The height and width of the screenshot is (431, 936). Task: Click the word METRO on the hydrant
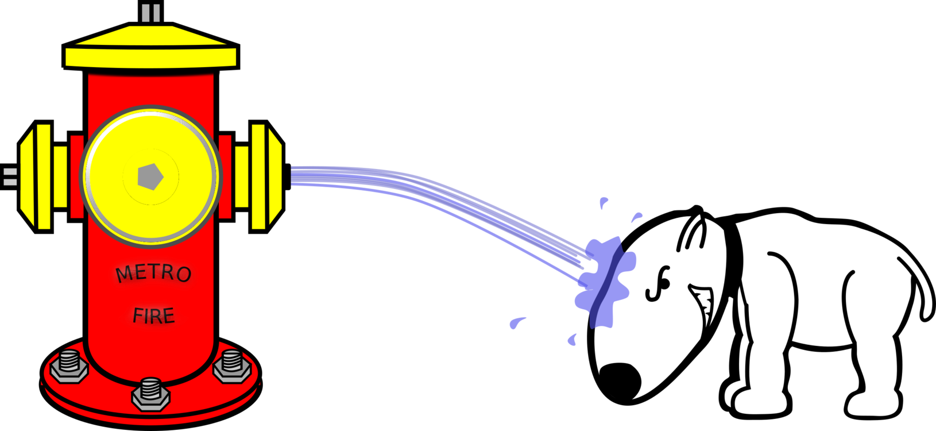(153, 274)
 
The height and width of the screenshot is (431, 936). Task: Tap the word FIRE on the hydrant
(153, 315)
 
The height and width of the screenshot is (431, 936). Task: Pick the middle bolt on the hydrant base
(150, 392)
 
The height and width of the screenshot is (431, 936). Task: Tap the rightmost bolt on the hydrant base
(232, 365)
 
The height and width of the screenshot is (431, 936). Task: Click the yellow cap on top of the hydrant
(150, 49)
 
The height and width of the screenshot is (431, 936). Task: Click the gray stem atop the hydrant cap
(150, 13)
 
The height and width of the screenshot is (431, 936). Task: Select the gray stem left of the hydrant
(10, 177)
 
